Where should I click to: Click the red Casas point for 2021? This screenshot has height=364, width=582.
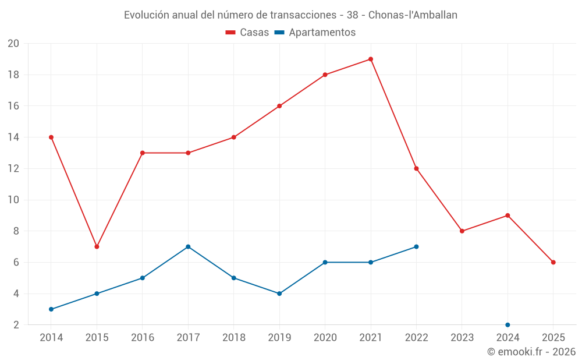371,59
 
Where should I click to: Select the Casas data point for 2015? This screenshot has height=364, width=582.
97,246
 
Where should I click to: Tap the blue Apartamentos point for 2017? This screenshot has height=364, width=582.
188,246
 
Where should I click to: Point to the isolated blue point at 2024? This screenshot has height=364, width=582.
508,324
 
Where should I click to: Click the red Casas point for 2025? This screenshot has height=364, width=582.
553,262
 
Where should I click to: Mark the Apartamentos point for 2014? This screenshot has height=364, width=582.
51,309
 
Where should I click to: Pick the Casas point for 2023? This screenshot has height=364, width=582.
462,231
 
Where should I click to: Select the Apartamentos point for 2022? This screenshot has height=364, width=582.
416,246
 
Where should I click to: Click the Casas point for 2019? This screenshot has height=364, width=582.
279,106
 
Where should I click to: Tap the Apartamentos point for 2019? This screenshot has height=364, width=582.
279,294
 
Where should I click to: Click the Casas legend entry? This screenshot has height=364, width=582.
247,33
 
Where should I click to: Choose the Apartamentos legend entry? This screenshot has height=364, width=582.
315,33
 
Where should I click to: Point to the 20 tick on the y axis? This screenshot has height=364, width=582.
13,44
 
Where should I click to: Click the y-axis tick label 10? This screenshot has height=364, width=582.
13,200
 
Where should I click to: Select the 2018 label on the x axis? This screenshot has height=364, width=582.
233,338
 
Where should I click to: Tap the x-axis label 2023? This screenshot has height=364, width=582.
462,338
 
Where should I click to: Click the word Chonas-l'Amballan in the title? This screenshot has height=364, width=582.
413,15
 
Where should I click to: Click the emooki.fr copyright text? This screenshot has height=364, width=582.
531,352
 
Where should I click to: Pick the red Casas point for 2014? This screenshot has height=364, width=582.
51,137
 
